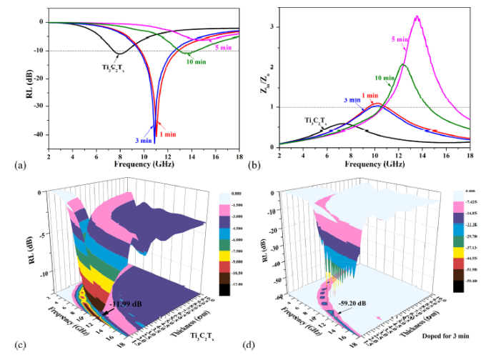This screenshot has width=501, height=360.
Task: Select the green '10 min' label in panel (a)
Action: coord(197,61)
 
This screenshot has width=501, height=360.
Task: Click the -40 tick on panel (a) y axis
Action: coord(38,134)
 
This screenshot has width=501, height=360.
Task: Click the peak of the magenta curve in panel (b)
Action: coord(417,16)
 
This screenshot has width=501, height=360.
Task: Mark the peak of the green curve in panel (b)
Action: coord(403,64)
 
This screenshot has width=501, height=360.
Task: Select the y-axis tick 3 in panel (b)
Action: coord(272,27)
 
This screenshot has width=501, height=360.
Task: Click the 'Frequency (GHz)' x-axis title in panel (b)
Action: coord(374,164)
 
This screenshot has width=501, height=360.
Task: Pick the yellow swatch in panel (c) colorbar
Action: coord(232,254)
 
